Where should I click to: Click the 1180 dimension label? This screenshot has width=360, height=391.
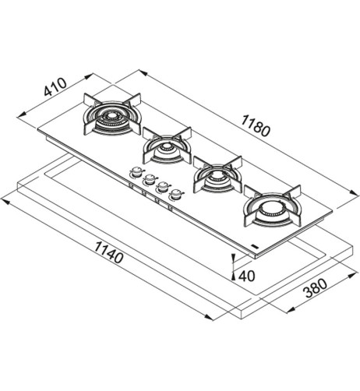tap(256, 126)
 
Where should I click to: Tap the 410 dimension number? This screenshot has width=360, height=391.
tap(55, 86)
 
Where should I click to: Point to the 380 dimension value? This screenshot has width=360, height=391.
tap(316, 288)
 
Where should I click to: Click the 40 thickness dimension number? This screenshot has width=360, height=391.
tap(247, 276)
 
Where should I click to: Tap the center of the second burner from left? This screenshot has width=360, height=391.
tap(166, 147)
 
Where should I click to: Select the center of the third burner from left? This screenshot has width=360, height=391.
tap(217, 176)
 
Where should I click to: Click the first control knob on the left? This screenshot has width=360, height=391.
tap(136, 171)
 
